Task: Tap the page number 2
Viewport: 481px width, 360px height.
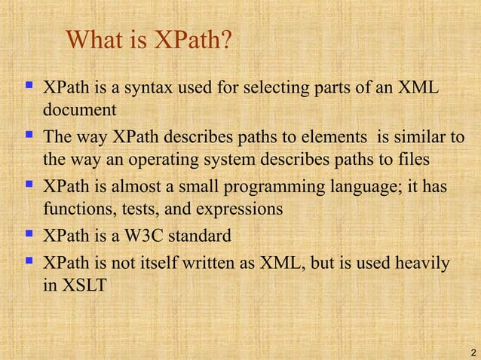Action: pyautogui.click(x=472, y=352)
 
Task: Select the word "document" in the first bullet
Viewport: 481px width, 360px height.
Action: pyautogui.click(x=79, y=110)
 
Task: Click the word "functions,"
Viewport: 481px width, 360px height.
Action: pyautogui.click(x=76, y=209)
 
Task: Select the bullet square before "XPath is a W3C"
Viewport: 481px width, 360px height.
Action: pyautogui.click(x=29, y=235)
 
